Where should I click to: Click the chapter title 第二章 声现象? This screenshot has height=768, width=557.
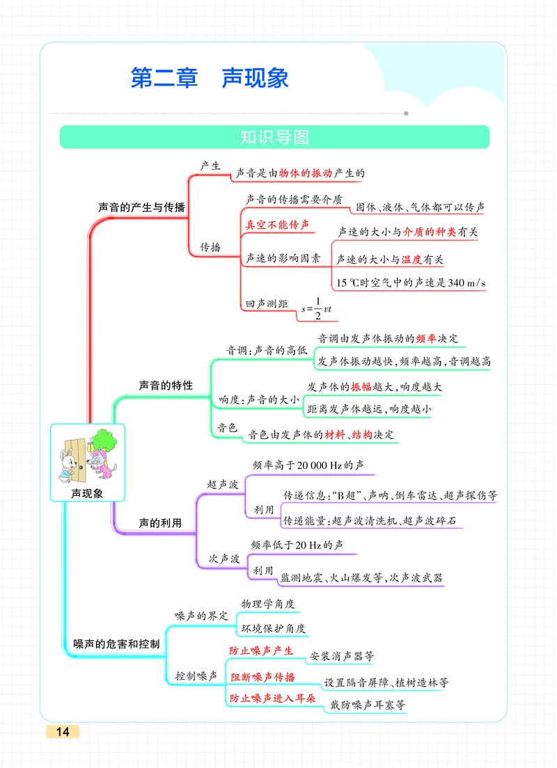coord(209,78)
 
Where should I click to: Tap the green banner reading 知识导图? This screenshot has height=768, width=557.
coord(274,137)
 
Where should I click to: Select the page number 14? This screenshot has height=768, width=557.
coord(63,732)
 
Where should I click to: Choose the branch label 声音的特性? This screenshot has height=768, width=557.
coord(165,385)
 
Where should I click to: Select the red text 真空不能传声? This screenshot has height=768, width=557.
coord(276,225)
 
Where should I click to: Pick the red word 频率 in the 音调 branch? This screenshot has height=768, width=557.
coord(426,338)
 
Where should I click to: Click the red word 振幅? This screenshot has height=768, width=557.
coord(361,387)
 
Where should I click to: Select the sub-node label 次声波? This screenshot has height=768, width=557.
coord(224,559)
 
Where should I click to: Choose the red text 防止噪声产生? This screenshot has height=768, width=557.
coord(261,651)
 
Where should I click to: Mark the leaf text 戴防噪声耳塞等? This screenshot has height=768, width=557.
coord(367,705)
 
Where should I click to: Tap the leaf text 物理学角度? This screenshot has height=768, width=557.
coord(268,604)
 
